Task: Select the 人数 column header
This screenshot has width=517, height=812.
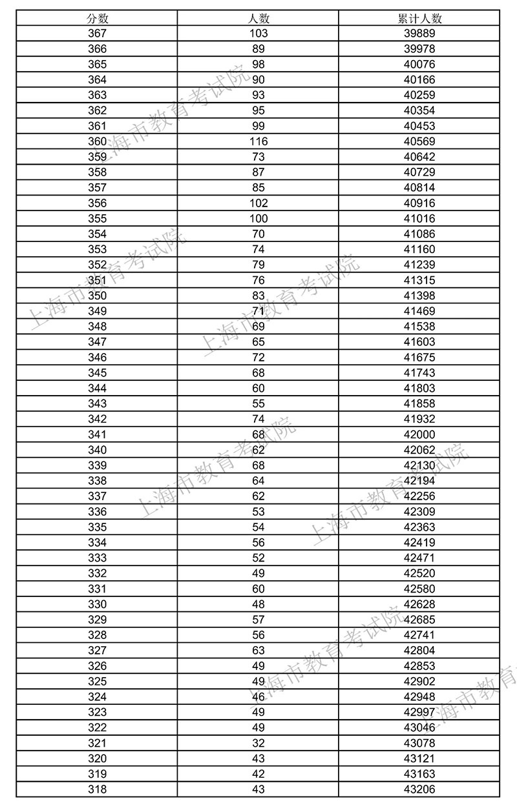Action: click(258, 18)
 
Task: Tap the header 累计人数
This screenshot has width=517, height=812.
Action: click(419, 18)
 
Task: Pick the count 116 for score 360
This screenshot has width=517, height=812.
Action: click(258, 141)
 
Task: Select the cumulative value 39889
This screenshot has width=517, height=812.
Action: click(419, 34)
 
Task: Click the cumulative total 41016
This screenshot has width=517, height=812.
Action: click(419, 218)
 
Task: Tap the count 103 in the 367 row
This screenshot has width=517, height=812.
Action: click(258, 34)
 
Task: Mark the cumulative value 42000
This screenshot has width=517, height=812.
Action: click(419, 434)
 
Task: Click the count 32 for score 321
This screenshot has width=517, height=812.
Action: click(258, 743)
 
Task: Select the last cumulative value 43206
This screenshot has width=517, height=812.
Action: click(419, 789)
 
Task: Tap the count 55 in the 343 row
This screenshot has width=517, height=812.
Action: click(258, 403)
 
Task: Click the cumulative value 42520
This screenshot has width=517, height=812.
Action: click(419, 573)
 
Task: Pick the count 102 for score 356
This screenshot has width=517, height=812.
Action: click(258, 203)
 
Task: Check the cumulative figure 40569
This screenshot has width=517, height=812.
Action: click(419, 141)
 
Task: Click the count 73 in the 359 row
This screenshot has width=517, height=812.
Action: click(258, 157)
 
